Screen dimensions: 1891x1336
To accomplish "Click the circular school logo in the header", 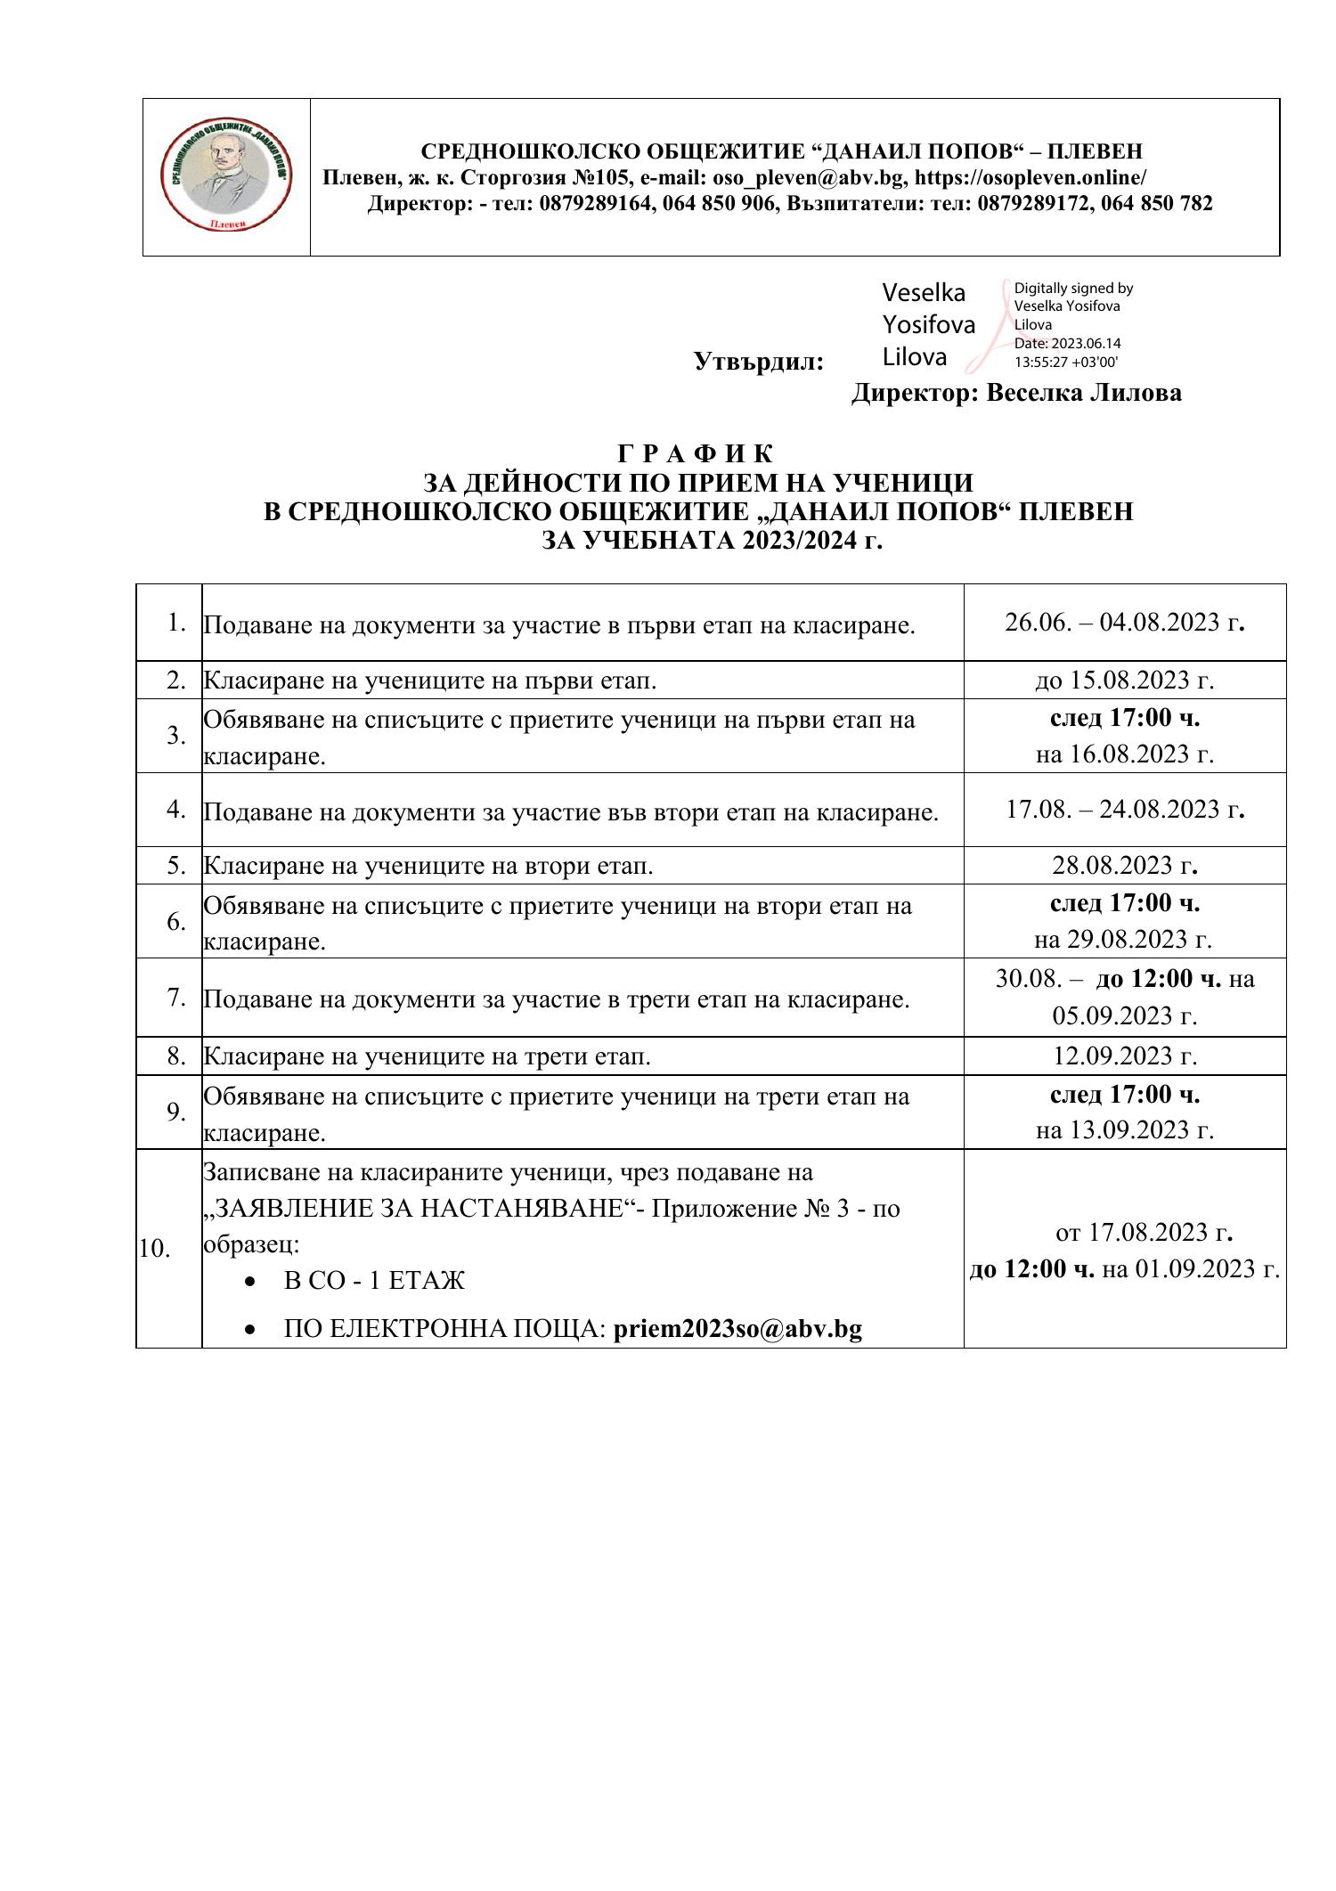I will pyautogui.click(x=226, y=177).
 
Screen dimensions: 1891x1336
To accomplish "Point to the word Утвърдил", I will pyautogui.click(x=758, y=362).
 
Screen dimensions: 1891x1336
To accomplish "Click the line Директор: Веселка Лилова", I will pyautogui.click(x=1016, y=393).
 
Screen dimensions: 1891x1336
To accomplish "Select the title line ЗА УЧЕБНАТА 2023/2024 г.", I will pyautogui.click(x=713, y=541).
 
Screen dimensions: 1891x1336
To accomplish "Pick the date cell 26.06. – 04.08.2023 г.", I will pyautogui.click(x=1124, y=622).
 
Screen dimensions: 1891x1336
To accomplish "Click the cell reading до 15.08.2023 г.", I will pyautogui.click(x=1124, y=680).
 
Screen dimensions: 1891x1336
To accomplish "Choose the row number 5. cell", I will pyautogui.click(x=175, y=865).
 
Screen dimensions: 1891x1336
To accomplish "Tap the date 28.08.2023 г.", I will pyautogui.click(x=1124, y=865).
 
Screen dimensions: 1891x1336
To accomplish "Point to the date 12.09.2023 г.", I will pyautogui.click(x=1124, y=1056).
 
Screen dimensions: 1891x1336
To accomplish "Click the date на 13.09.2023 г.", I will pyautogui.click(x=1124, y=1129).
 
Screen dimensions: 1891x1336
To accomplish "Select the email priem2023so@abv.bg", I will pyautogui.click(x=737, y=1329).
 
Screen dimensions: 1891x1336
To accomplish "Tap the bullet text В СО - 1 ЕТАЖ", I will pyautogui.click(x=374, y=1281).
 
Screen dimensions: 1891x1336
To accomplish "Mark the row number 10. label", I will pyautogui.click(x=155, y=1249).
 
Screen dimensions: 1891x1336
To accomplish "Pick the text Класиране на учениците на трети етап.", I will pyautogui.click(x=428, y=1056).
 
